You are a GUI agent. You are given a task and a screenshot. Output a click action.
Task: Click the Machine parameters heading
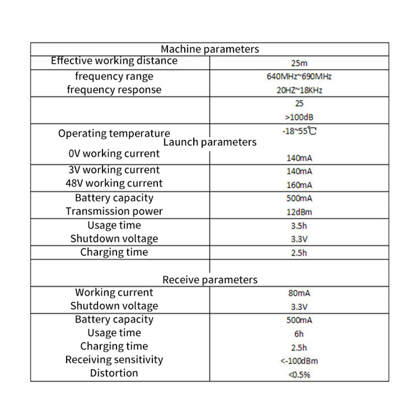pos(210,49)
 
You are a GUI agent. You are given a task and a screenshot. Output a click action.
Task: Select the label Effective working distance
pos(114,61)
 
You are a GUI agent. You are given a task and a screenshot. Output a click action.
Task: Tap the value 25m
pos(299,64)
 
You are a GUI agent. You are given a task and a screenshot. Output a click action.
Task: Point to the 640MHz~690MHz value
pos(299,77)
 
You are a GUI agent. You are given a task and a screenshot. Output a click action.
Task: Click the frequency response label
pos(114,90)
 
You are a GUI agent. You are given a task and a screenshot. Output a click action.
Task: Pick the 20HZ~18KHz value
pos(299,90)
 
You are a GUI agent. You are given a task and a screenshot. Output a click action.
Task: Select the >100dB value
pos(299,117)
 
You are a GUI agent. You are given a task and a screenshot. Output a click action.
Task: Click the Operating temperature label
pos(114,133)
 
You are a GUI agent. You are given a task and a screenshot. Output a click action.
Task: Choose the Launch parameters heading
pos(210,142)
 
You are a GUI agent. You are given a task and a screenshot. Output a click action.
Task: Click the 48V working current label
pos(116,183)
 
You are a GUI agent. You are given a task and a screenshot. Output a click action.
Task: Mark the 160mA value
pos(299,185)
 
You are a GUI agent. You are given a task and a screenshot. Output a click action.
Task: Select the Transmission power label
pos(114,212)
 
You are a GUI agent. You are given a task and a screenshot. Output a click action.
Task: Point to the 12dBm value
pos(299,212)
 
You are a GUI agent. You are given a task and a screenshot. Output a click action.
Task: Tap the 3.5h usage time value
pos(299,226)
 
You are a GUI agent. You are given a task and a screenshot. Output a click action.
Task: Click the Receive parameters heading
pos(210,280)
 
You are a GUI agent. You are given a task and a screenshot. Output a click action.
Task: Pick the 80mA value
pos(299,293)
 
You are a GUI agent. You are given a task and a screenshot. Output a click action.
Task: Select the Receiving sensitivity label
pos(114,360)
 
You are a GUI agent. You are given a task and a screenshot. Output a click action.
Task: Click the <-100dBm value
pos(299,361)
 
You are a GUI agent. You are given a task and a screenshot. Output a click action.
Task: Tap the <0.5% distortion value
pos(299,374)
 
